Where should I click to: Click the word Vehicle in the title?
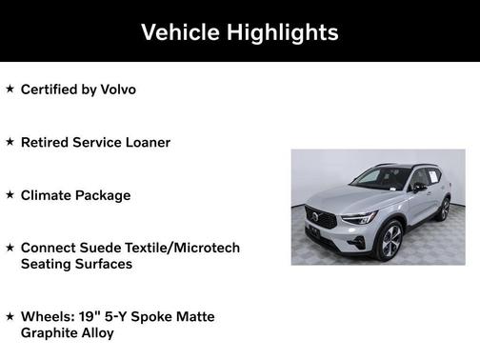(x=175, y=32)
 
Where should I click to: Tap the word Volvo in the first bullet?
(x=114, y=90)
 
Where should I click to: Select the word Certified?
(x=49, y=90)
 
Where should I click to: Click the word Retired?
(x=46, y=142)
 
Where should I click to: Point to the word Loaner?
(x=146, y=142)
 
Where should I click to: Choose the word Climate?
(x=48, y=195)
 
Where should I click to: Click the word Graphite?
(x=51, y=332)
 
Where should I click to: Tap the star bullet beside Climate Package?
(x=10, y=194)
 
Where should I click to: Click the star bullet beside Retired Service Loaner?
(x=10, y=141)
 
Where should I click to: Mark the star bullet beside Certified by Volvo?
(x=10, y=89)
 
